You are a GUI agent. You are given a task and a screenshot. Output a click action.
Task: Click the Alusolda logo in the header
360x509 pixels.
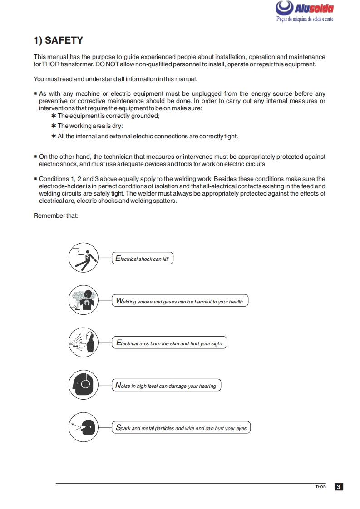pos(305,12)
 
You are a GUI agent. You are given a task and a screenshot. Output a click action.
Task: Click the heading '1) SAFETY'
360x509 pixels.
pos(58,40)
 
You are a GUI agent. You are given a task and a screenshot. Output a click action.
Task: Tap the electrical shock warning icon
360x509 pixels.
pos(84,258)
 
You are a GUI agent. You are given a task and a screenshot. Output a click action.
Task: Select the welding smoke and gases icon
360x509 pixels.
pos(84,300)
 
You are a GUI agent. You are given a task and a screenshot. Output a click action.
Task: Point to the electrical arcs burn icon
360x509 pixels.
pos(84,342)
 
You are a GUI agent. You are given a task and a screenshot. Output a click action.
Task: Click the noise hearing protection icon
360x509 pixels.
pos(84,384)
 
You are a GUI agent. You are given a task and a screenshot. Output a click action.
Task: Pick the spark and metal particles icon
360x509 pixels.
pos(84,426)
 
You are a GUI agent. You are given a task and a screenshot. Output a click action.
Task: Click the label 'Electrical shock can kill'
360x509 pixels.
pos(143,259)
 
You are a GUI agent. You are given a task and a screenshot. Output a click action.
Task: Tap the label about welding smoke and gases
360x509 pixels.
pos(180,301)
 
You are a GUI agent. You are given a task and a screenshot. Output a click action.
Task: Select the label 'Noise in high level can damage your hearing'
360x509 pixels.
pos(166,386)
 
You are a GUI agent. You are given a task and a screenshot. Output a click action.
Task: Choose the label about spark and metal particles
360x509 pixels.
pos(181,428)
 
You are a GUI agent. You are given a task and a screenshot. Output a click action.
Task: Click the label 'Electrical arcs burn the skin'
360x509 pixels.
pos(169,343)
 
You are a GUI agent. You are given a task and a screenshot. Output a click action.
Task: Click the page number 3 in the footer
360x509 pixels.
pos(339,487)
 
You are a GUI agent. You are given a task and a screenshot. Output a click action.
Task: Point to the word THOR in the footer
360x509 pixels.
pos(321,487)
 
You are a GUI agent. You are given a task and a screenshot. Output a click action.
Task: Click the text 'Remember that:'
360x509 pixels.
pos(56,215)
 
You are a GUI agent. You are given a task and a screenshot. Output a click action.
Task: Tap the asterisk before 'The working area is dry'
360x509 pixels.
pos(54,126)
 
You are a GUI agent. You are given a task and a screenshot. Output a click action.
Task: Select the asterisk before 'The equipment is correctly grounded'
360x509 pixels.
pos(54,116)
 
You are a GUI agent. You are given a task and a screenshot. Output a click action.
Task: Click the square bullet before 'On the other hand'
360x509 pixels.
pos(35,157)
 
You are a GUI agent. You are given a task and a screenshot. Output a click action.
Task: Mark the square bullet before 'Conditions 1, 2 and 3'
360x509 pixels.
pos(35,179)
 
